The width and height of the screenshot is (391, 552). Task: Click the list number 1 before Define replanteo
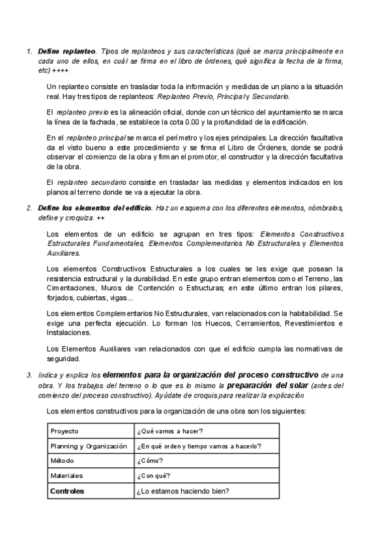click(28, 51)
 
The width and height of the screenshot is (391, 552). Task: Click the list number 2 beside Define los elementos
click(28, 208)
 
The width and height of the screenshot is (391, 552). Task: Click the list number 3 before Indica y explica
click(28, 375)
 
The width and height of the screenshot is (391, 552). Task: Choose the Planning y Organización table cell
click(88, 446)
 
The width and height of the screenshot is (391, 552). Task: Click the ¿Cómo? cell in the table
click(150, 461)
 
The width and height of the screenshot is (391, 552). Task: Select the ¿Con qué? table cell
click(154, 476)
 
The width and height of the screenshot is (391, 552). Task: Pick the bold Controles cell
click(67, 491)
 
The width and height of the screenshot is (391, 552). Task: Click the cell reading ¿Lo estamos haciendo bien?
click(188, 491)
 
